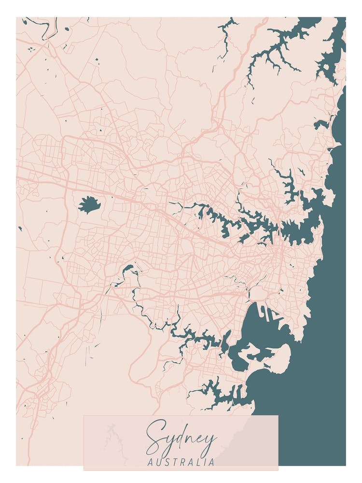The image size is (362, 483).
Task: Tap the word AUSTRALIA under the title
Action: click(x=181, y=462)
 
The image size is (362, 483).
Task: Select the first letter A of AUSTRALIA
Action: click(x=150, y=462)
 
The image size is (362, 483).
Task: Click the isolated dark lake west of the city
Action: click(x=89, y=206)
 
